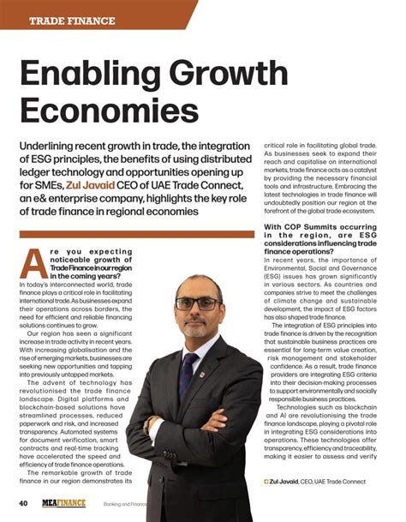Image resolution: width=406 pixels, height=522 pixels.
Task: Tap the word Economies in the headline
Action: point(109,112)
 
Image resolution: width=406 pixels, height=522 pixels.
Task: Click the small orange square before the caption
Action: point(266,482)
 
